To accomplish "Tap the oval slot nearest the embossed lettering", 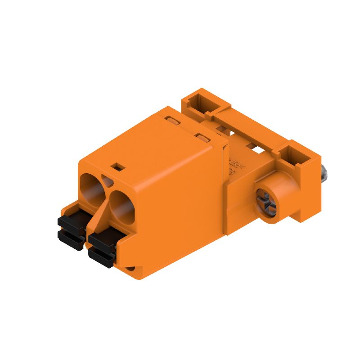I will tap(202, 136).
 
